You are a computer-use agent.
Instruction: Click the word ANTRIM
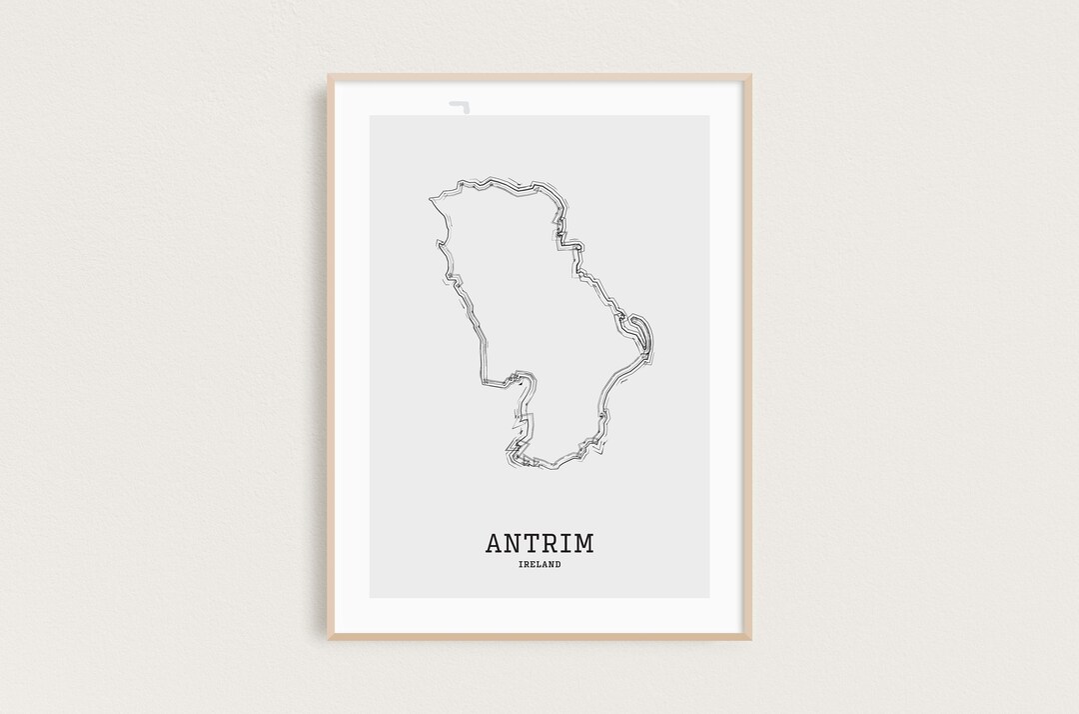[539, 543]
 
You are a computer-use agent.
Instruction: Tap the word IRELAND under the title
[539, 565]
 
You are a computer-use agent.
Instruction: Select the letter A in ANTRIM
[495, 543]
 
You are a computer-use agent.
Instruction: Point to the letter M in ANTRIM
[583, 543]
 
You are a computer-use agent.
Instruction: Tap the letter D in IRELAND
[557, 565]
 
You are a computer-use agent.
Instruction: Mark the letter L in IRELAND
[537, 565]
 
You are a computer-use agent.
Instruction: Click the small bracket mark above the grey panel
[460, 104]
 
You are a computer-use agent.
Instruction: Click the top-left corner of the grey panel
[370, 116]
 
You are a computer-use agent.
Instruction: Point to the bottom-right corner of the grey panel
[709, 598]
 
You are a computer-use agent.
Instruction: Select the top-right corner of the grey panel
[709, 116]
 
